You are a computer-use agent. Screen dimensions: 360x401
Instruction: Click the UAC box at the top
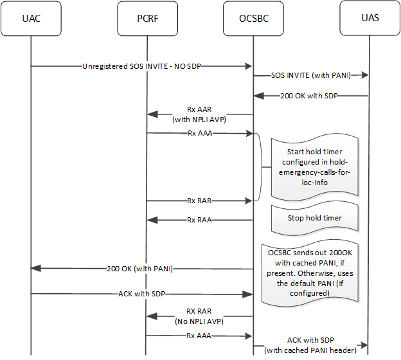31,18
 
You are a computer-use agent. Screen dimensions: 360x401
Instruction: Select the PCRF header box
147,18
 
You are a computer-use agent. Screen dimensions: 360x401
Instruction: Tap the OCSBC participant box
253,18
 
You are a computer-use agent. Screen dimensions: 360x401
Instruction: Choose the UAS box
370,18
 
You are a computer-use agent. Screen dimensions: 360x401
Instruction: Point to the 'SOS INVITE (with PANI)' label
310,76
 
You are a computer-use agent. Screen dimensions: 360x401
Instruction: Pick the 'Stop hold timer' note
314,217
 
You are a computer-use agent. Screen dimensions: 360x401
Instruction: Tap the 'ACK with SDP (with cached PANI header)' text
311,345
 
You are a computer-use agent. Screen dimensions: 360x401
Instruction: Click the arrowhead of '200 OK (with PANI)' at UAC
36,268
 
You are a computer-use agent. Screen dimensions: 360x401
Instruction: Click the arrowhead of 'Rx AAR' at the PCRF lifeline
152,114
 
